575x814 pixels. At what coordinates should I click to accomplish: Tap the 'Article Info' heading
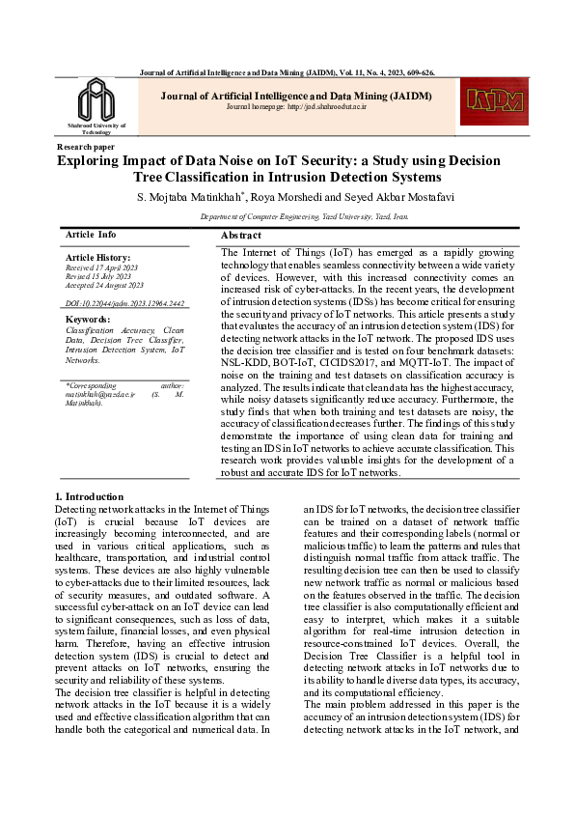[91, 235]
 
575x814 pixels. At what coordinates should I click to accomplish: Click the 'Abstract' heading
[241, 235]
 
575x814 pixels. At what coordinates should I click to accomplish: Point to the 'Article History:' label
[96, 258]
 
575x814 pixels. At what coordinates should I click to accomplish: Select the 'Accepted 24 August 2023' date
[104, 286]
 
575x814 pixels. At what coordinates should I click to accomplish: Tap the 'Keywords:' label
[87, 319]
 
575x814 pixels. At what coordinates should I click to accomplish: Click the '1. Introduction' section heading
[90, 496]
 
